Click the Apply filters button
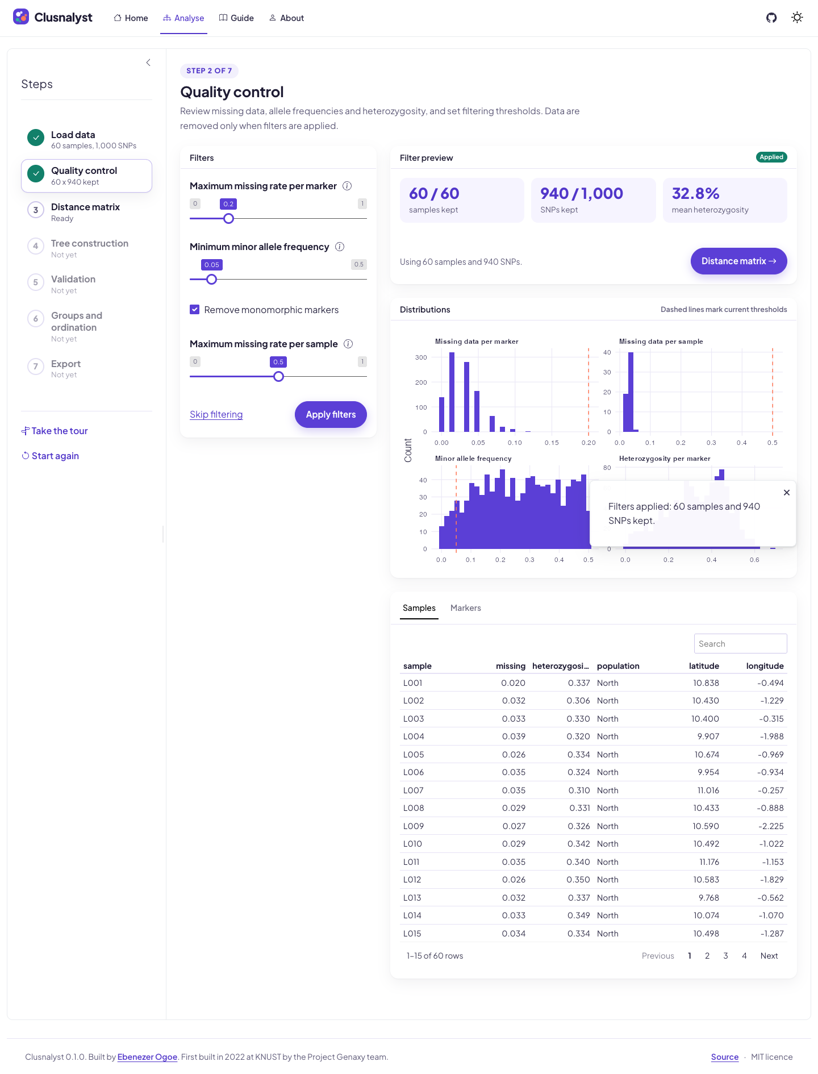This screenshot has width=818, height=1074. [331, 414]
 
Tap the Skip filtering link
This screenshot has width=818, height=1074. [216, 414]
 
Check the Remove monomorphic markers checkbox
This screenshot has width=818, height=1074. [195, 310]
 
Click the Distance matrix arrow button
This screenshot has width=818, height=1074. [738, 261]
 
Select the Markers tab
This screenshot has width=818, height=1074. [466, 608]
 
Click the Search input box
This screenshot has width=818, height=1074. [740, 643]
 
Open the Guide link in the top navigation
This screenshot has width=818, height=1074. [236, 18]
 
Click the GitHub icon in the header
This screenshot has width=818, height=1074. [771, 18]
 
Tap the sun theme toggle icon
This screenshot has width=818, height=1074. [798, 18]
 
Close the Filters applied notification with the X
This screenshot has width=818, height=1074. [787, 493]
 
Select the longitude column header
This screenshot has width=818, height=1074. [765, 666]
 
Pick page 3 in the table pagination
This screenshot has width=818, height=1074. [725, 956]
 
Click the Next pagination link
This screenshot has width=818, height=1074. [769, 956]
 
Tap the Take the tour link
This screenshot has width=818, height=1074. [55, 431]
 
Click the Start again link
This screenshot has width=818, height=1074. [50, 456]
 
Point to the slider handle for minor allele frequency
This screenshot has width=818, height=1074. [212, 279]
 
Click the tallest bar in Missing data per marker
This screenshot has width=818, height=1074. [452, 392]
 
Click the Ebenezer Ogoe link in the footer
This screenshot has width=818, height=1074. [147, 1057]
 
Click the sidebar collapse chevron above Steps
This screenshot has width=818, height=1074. [148, 63]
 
